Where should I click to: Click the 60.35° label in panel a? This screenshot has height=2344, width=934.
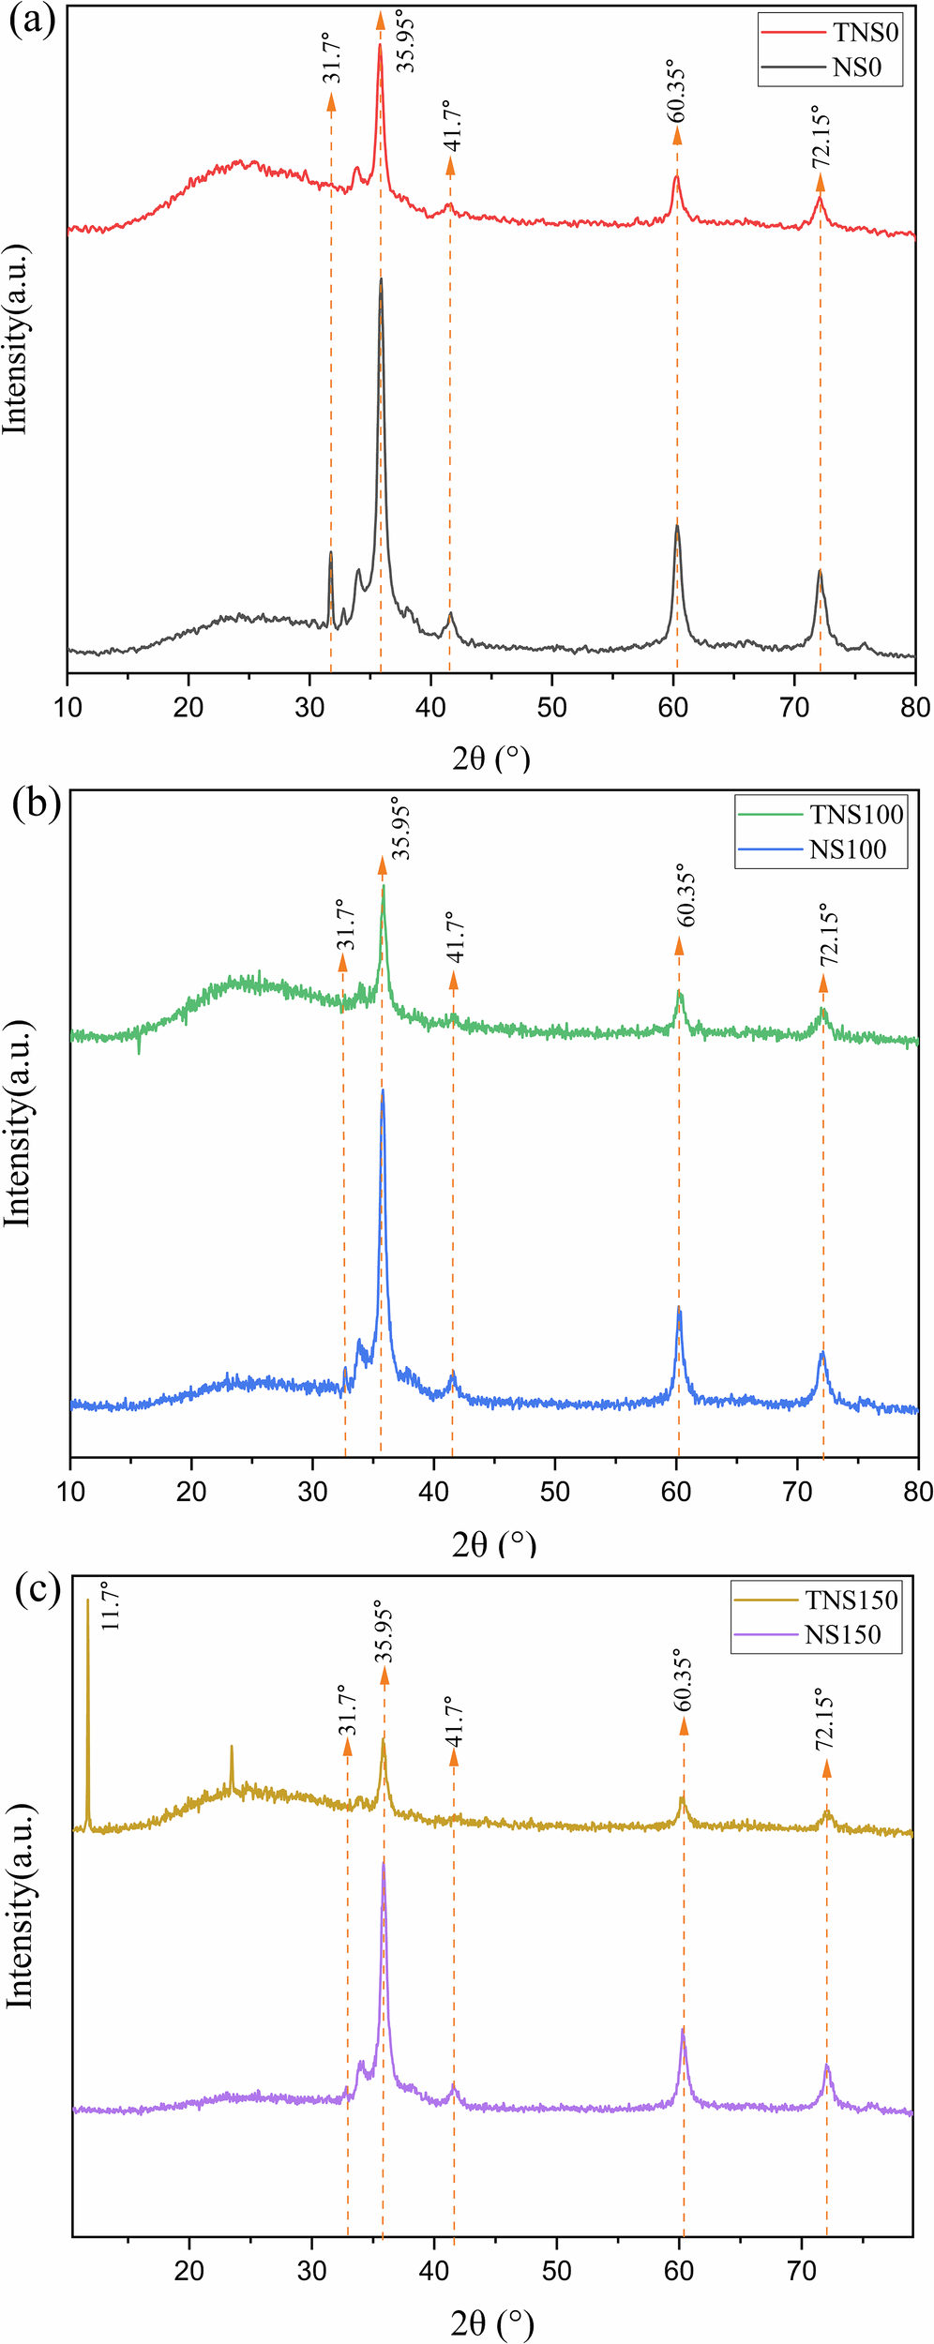[677, 91]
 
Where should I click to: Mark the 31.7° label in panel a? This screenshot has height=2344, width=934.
[333, 58]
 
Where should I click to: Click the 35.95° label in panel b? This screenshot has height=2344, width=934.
[401, 828]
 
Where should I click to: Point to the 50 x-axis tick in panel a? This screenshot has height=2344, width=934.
[551, 707]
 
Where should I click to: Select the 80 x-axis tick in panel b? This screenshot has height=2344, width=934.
[918, 1491]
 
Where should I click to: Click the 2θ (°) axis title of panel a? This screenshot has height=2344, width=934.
[491, 757]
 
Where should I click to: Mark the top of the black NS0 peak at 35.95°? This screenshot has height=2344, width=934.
[381, 278]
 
